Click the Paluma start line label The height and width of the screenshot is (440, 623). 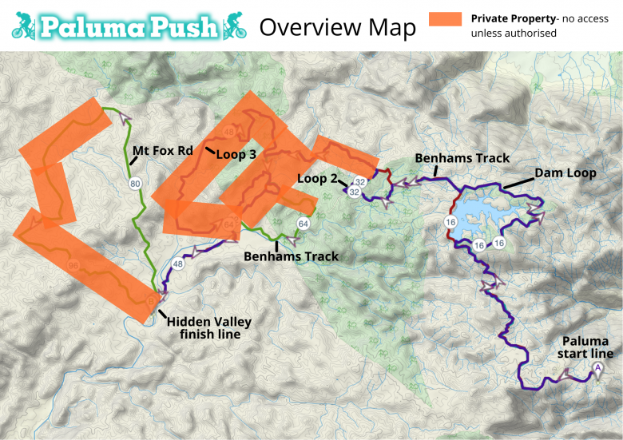pos(586,347)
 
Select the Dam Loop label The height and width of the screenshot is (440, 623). pos(565,173)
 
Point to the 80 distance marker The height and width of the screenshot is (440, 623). pos(135,183)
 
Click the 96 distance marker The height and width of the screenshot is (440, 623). pos(74,265)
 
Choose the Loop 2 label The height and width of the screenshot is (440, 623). pos(317,179)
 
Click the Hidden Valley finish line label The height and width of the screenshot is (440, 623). pos(208,327)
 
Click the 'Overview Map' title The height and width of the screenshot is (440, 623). pos(338,27)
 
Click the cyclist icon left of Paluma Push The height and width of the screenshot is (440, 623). pos(24,26)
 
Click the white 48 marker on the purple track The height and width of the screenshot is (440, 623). pos(178,264)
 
